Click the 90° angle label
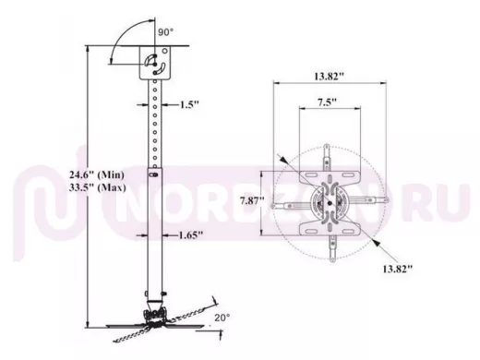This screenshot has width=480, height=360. point(166,32)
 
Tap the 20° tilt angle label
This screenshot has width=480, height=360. point(222,318)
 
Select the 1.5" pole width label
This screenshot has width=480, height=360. point(189,104)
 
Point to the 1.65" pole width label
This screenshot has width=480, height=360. point(191,235)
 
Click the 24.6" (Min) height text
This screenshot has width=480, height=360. point(97,175)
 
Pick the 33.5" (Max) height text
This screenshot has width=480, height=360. point(98,187)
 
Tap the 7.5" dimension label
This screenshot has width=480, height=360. point(327,102)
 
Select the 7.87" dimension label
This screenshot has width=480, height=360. point(252,201)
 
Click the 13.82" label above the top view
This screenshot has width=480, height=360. point(329,76)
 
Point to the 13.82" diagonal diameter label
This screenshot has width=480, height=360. point(397,269)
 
